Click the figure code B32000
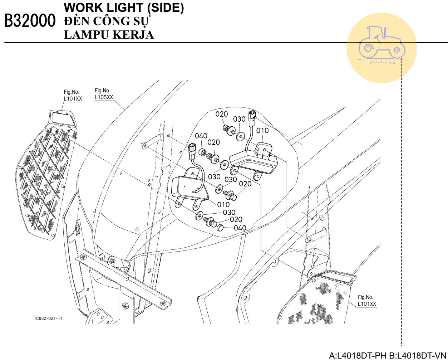tap(30, 20)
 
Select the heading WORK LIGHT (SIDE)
tap(124, 8)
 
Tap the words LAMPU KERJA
tap(109, 35)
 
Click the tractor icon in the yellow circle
tap(382, 42)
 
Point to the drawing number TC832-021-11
tap(48, 318)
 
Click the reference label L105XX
tap(104, 97)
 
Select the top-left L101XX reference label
tap(73, 98)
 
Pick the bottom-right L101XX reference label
tap(367, 304)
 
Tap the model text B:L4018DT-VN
tap(418, 355)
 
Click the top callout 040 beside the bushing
tap(201, 136)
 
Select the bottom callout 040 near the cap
tap(240, 228)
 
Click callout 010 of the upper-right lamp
tap(262, 131)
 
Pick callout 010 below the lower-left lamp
tap(223, 205)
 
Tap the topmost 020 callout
tap(222, 114)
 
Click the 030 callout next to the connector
tap(239, 119)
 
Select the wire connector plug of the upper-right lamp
tap(252, 118)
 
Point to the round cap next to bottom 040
tap(220, 227)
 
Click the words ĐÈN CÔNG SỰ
tap(107, 21)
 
